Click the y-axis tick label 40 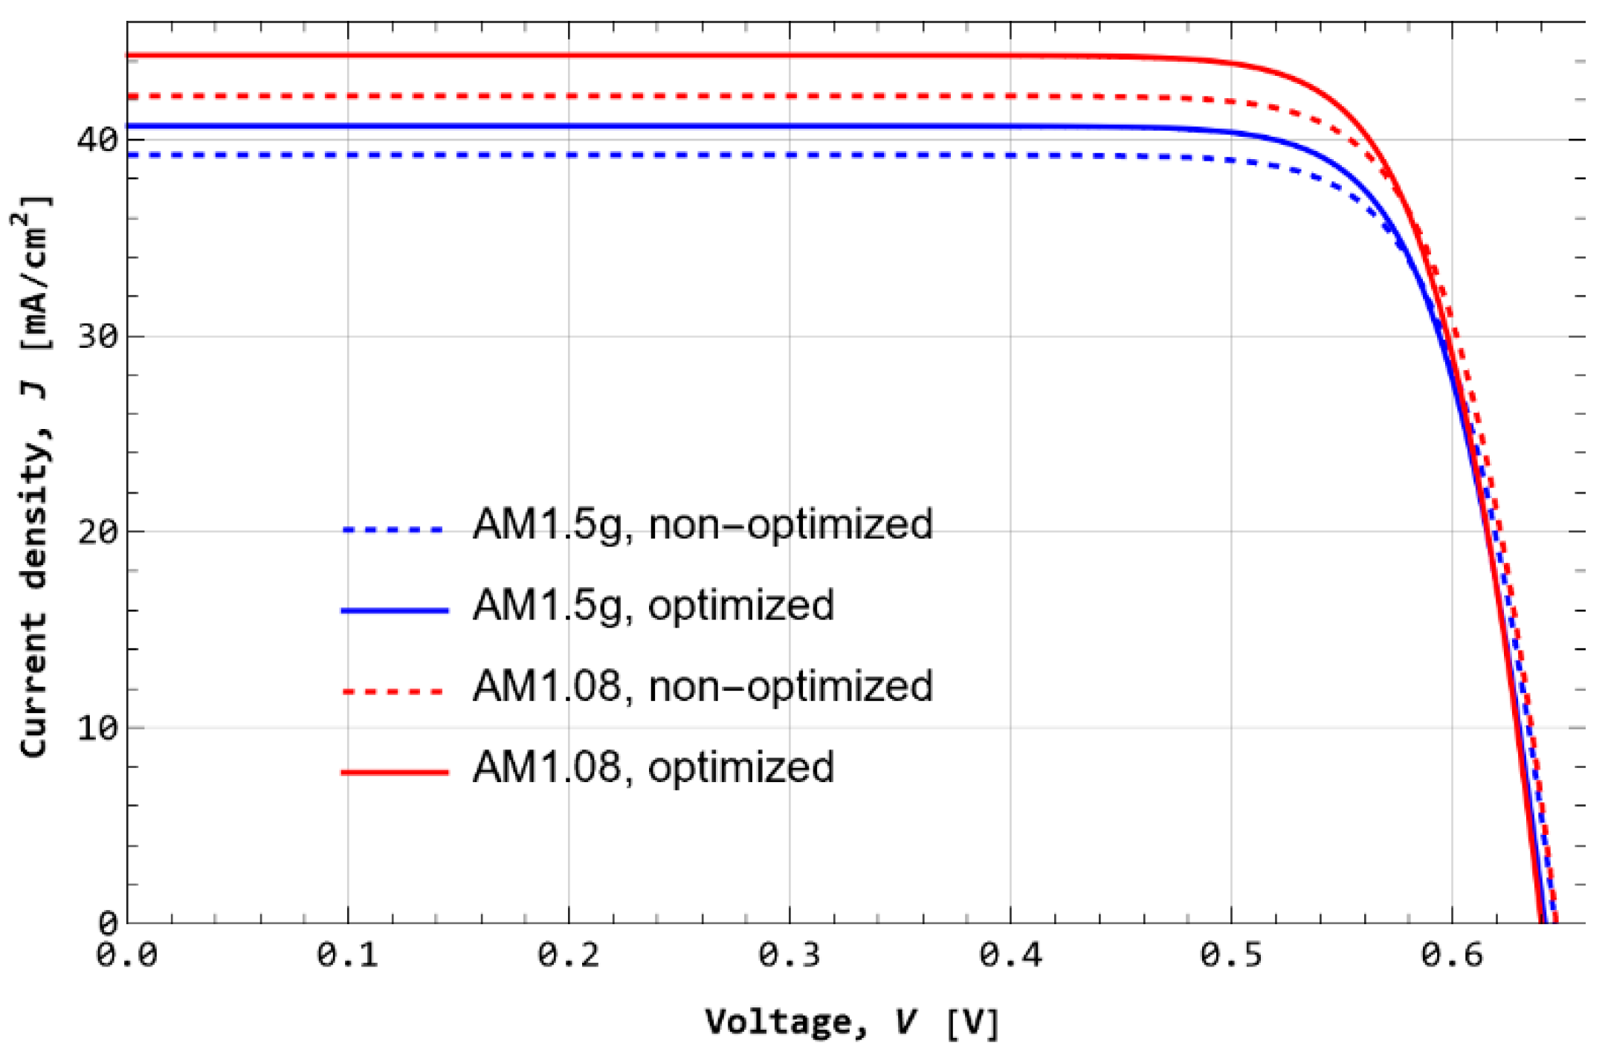(x=97, y=140)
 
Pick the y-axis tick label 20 (x=97, y=532)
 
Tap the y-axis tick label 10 (x=97, y=728)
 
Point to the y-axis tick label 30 (x=97, y=336)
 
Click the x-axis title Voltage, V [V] (x=852, y=1022)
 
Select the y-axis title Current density (x=33, y=476)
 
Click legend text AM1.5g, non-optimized (x=702, y=525)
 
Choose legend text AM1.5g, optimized (x=653, y=605)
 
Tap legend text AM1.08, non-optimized (x=702, y=686)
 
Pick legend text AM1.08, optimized (x=653, y=767)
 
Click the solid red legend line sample (x=394, y=772)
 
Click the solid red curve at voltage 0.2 (x=569, y=55)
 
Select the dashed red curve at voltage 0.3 (x=790, y=96)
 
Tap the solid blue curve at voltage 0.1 (x=348, y=126)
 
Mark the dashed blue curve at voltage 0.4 (x=1010, y=155)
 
